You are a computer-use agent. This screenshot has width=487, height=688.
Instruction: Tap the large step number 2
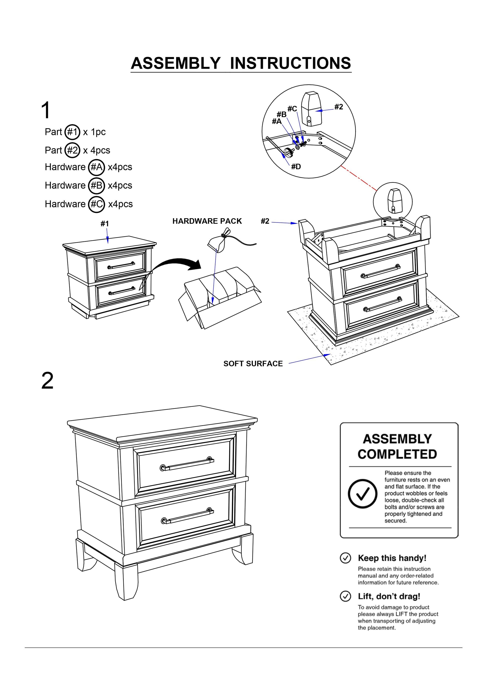pyautogui.click(x=47, y=381)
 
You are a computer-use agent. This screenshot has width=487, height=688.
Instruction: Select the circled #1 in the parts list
pyautogui.click(x=72, y=132)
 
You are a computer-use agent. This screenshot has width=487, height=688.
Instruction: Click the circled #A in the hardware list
pyautogui.click(x=96, y=167)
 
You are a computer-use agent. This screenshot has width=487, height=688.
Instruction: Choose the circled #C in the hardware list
pyautogui.click(x=96, y=204)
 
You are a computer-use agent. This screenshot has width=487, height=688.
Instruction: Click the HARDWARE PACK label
pyautogui.click(x=207, y=221)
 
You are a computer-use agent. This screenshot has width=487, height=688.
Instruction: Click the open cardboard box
pyautogui.click(x=219, y=297)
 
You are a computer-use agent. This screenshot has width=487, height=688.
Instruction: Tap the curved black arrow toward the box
pyautogui.click(x=177, y=264)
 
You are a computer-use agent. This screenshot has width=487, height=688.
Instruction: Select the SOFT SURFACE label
pyautogui.click(x=253, y=363)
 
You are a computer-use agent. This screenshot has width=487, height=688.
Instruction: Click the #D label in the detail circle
pyautogui.click(x=296, y=167)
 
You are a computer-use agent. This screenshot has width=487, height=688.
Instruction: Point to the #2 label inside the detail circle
pyautogui.click(x=338, y=107)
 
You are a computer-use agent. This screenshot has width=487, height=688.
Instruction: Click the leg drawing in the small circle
pyautogui.click(x=393, y=201)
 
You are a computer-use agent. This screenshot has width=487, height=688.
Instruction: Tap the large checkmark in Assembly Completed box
pyautogui.click(x=362, y=494)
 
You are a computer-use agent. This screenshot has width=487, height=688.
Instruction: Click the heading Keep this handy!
pyautogui.click(x=392, y=558)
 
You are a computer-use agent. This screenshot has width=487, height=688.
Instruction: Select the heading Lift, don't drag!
pyautogui.click(x=389, y=596)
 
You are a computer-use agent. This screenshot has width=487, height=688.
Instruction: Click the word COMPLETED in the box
pyautogui.click(x=397, y=454)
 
